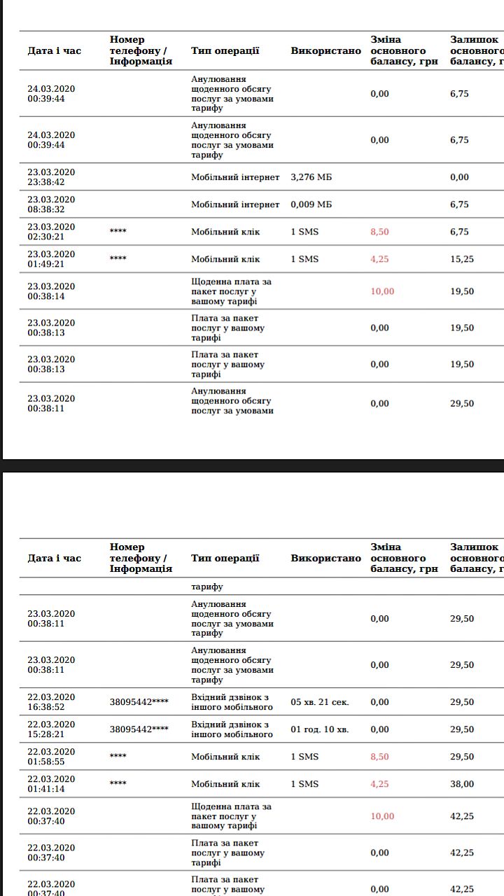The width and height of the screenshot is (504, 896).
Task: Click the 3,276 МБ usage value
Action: point(311,177)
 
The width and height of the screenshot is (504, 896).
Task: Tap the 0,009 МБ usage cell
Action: point(311,204)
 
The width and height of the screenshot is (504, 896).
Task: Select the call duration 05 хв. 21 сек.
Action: point(319,702)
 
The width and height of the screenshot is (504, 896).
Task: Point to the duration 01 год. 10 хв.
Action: point(319,729)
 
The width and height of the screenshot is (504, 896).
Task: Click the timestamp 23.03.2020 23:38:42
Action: point(51,177)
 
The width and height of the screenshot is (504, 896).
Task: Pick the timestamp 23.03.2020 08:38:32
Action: point(51,204)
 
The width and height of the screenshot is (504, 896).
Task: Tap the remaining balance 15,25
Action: point(461,259)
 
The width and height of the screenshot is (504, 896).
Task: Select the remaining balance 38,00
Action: point(461,784)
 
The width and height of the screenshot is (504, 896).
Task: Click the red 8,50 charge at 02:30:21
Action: point(379,232)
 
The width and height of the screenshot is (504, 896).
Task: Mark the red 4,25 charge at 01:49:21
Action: point(379,259)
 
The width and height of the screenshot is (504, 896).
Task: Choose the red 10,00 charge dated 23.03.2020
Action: point(382,291)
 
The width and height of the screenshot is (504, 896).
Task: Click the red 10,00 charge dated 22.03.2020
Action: point(382,816)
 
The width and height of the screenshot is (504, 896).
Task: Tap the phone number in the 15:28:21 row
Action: point(139,729)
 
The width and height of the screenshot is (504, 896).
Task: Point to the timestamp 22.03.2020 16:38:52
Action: point(51,702)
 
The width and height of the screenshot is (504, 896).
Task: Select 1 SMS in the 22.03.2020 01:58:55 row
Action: point(304,757)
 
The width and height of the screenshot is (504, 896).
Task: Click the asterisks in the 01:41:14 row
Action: point(118,784)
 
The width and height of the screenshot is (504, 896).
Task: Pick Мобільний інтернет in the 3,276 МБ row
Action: point(235,177)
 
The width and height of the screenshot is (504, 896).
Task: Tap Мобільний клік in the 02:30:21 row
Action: point(225,232)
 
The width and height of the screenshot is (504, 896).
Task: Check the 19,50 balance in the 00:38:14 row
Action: point(461,291)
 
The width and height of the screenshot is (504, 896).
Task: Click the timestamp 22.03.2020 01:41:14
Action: point(51,784)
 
